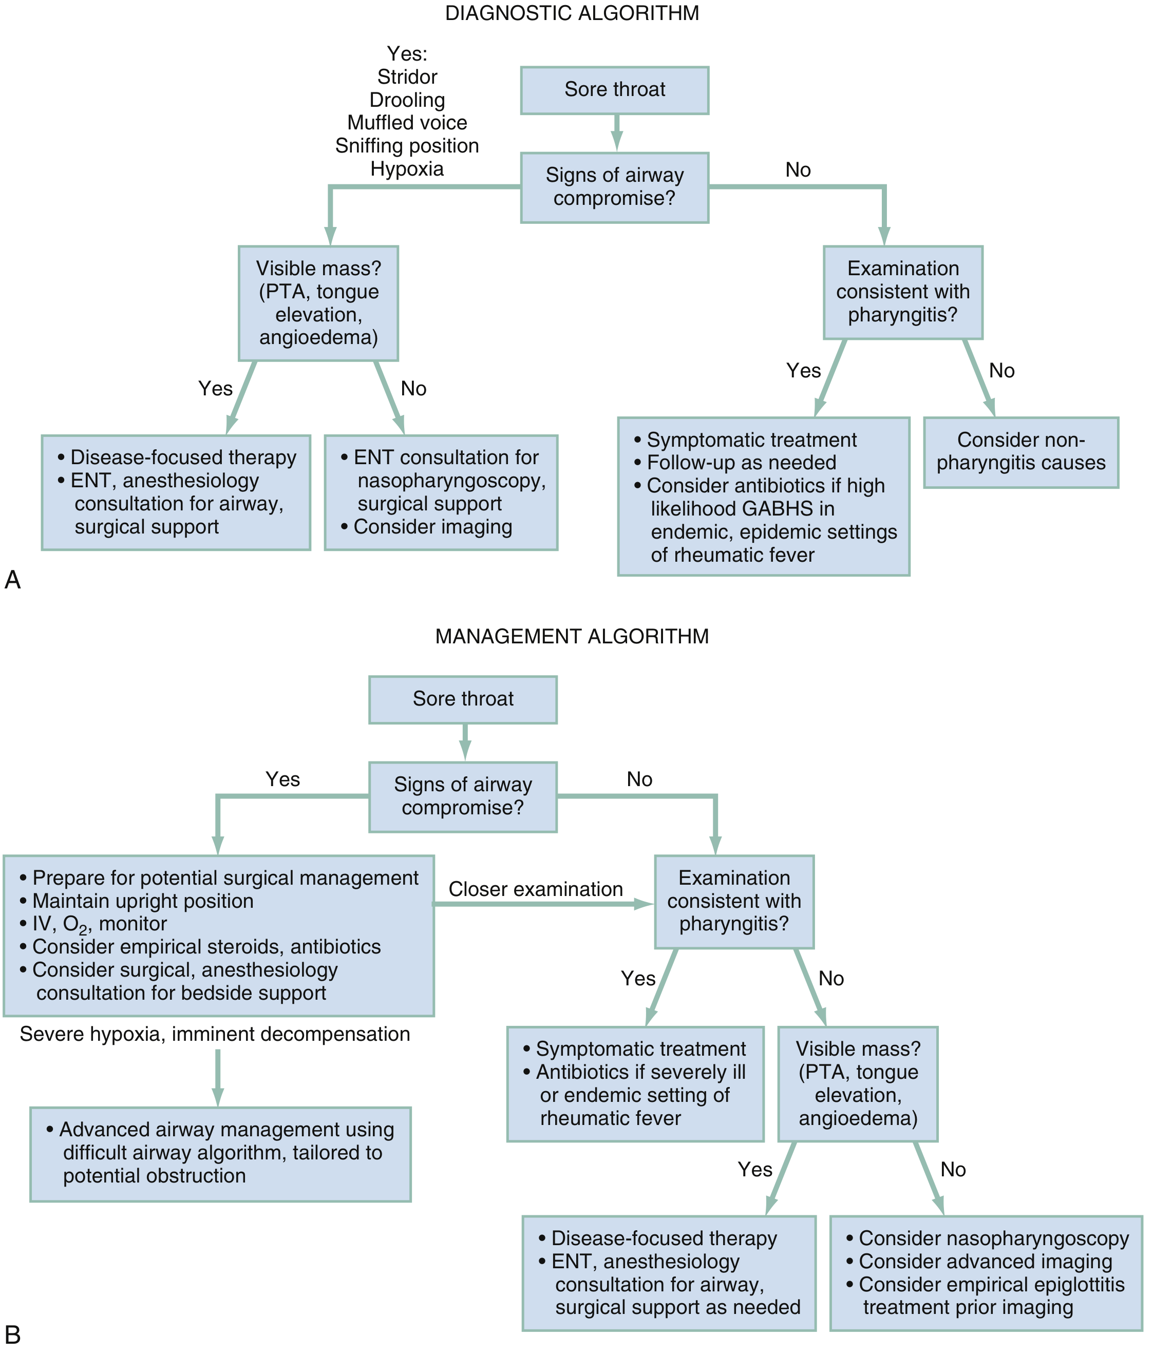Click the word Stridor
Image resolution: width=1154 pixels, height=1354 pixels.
[407, 77]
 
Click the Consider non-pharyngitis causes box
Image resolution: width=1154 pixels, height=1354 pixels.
[1020, 452]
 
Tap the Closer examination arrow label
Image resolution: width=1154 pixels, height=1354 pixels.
[535, 889]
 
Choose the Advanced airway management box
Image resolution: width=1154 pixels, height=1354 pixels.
[220, 1153]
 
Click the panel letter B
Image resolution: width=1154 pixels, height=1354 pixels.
[12, 1334]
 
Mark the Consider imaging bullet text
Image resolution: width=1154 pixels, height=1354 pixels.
[432, 527]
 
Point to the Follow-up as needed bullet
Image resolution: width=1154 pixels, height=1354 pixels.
[741, 463]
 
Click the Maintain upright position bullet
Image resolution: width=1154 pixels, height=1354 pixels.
[142, 901]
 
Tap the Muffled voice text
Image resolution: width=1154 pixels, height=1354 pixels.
[407, 123]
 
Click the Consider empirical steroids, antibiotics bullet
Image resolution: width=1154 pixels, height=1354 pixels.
[206, 947]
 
